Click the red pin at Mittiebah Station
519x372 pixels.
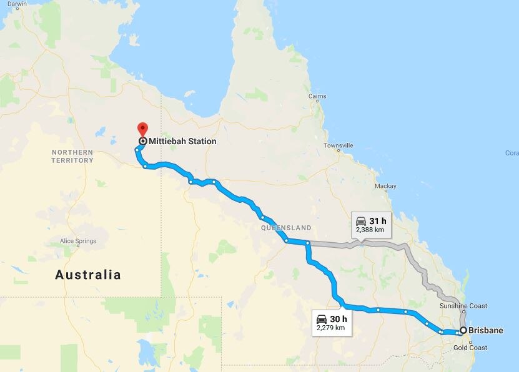coord(142,129)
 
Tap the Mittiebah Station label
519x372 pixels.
coord(182,142)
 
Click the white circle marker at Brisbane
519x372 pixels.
coord(463,331)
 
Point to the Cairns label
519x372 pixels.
coord(317,97)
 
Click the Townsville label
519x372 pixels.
coord(338,145)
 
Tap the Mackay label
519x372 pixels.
coord(385,186)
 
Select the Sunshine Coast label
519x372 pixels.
coord(480,306)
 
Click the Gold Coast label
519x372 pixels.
coord(470,348)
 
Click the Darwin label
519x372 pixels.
coord(17,4)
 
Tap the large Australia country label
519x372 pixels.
coord(88,275)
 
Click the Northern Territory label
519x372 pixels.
coord(72,156)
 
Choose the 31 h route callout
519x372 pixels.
coord(371,225)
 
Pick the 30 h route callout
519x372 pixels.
coord(331,322)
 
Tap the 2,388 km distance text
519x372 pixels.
coord(370,230)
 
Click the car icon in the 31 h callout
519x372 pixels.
coord(361,221)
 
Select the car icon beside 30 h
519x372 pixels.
coord(322,319)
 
